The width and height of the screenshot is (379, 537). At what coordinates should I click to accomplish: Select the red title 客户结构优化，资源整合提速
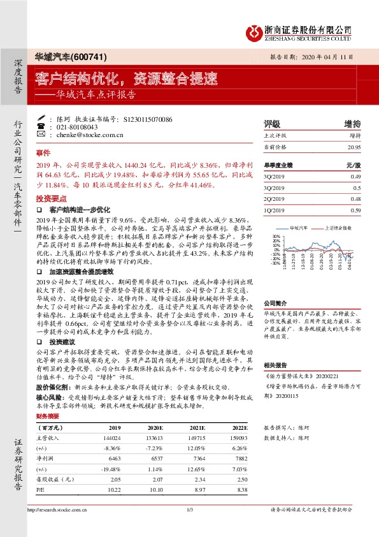125,78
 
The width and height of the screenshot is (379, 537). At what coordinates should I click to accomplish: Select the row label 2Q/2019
273,198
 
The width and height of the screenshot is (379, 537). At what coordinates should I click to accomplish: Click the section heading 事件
43,154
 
